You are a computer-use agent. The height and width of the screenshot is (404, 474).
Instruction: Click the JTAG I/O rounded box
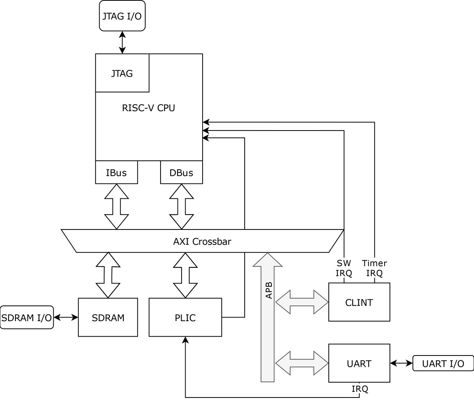pyautogui.click(x=122, y=16)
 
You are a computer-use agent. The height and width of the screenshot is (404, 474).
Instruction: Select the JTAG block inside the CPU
pyautogui.click(x=122, y=73)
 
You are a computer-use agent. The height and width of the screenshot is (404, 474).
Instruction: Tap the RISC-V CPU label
pyautogui.click(x=148, y=108)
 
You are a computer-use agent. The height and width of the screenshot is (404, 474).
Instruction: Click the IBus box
pyautogui.click(x=116, y=173)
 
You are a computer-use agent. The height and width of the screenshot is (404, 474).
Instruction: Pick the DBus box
pyautogui.click(x=181, y=173)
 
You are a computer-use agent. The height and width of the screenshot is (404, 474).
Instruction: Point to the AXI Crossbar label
pyautogui.click(x=202, y=242)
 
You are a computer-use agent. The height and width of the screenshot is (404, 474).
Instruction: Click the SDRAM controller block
pyautogui.click(x=108, y=317)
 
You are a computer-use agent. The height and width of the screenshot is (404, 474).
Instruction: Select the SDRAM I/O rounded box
pyautogui.click(x=27, y=317)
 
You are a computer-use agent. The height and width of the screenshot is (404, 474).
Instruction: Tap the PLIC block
pyautogui.click(x=185, y=317)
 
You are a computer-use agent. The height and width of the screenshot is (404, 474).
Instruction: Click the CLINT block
pyautogui.click(x=359, y=302)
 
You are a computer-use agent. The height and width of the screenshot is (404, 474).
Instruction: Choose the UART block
pyautogui.click(x=359, y=363)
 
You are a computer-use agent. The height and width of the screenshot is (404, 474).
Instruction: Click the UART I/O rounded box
pyautogui.click(x=443, y=363)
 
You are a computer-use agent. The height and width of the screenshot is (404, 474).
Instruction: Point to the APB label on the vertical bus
pyautogui.click(x=269, y=290)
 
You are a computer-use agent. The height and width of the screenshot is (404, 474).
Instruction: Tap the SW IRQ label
pyautogui.click(x=344, y=268)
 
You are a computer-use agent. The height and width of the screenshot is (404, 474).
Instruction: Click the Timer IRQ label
pyautogui.click(x=374, y=268)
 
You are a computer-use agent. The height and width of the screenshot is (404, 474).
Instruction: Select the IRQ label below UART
pyautogui.click(x=360, y=389)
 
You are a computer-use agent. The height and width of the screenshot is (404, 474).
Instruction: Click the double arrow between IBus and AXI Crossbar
pyautogui.click(x=116, y=206)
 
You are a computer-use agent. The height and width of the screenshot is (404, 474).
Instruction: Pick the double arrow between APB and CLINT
pyautogui.click(x=302, y=302)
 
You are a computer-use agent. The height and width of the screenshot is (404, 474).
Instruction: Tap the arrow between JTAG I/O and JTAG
pyautogui.click(x=122, y=42)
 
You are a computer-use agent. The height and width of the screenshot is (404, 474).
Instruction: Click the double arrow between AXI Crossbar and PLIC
pyautogui.click(x=185, y=275)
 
